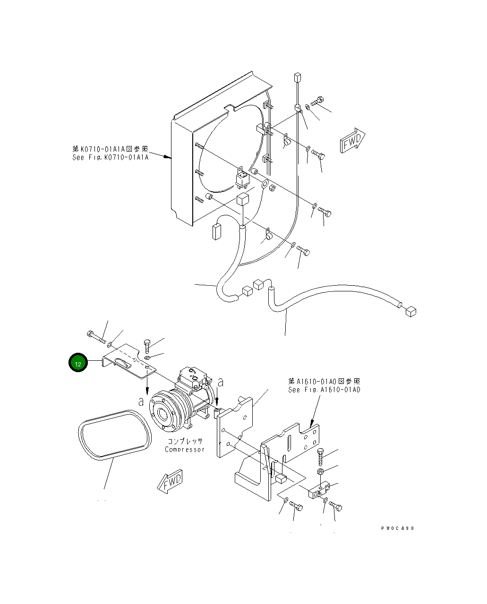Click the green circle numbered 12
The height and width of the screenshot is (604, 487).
78,363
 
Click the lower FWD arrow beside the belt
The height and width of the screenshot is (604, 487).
170,482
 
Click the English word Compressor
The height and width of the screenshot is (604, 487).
185,449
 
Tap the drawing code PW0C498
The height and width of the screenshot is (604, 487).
397,528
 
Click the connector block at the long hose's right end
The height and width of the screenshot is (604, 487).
410,311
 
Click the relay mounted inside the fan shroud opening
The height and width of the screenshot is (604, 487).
243,178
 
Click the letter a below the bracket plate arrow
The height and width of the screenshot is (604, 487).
141,401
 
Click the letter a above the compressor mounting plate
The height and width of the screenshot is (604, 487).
220,382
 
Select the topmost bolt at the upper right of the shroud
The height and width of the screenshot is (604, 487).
317,101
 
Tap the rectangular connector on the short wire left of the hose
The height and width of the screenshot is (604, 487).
217,232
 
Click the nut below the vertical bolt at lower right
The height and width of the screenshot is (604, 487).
321,471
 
